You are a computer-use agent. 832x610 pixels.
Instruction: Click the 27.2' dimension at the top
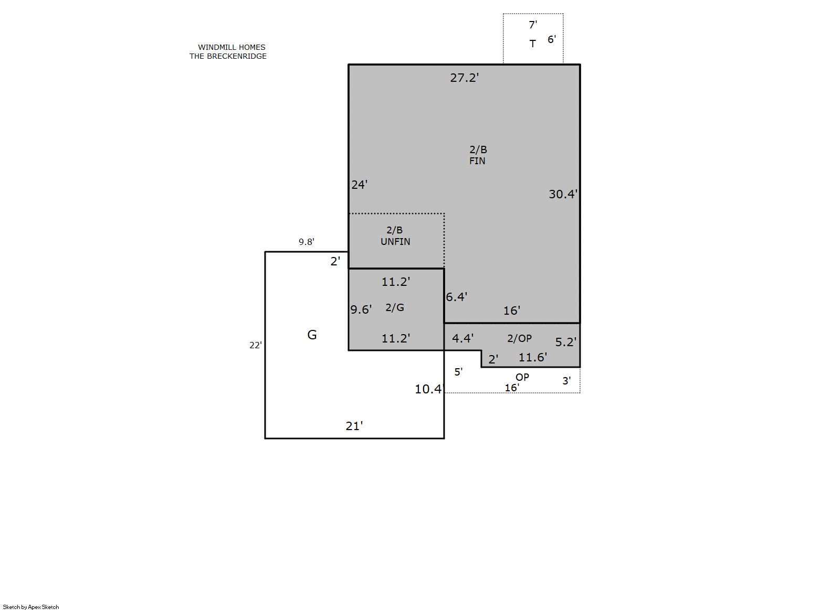coord(464,78)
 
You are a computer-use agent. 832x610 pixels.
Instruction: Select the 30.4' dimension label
coord(563,194)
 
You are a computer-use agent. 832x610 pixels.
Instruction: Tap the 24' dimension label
coord(360,185)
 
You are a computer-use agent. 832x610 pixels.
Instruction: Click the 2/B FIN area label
coord(478,155)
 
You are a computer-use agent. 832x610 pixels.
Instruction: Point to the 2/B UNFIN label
coord(395,236)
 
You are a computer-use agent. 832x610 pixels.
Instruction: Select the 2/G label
coord(394,307)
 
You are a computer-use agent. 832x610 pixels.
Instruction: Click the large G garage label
coord(312,335)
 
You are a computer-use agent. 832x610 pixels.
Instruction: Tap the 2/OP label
coord(519,338)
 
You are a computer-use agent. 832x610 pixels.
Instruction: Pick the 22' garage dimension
coord(256,346)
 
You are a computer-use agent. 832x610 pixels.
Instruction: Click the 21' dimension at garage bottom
coord(354,426)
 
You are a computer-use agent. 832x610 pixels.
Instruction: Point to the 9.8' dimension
coord(307,242)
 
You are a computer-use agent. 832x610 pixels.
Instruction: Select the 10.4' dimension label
coord(429,389)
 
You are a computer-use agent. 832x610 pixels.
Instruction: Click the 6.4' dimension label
coord(457,297)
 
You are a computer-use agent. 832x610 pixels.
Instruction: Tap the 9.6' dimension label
coord(361,309)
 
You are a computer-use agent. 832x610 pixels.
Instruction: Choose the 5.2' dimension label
coord(566,342)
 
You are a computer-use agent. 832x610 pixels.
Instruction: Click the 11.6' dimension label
coord(533,357)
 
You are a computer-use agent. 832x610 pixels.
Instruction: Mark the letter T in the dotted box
coord(533,44)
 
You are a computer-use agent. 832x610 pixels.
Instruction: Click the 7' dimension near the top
coord(533,25)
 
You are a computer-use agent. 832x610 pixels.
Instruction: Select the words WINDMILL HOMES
coord(232,48)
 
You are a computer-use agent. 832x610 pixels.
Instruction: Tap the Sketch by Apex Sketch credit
coord(31,607)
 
